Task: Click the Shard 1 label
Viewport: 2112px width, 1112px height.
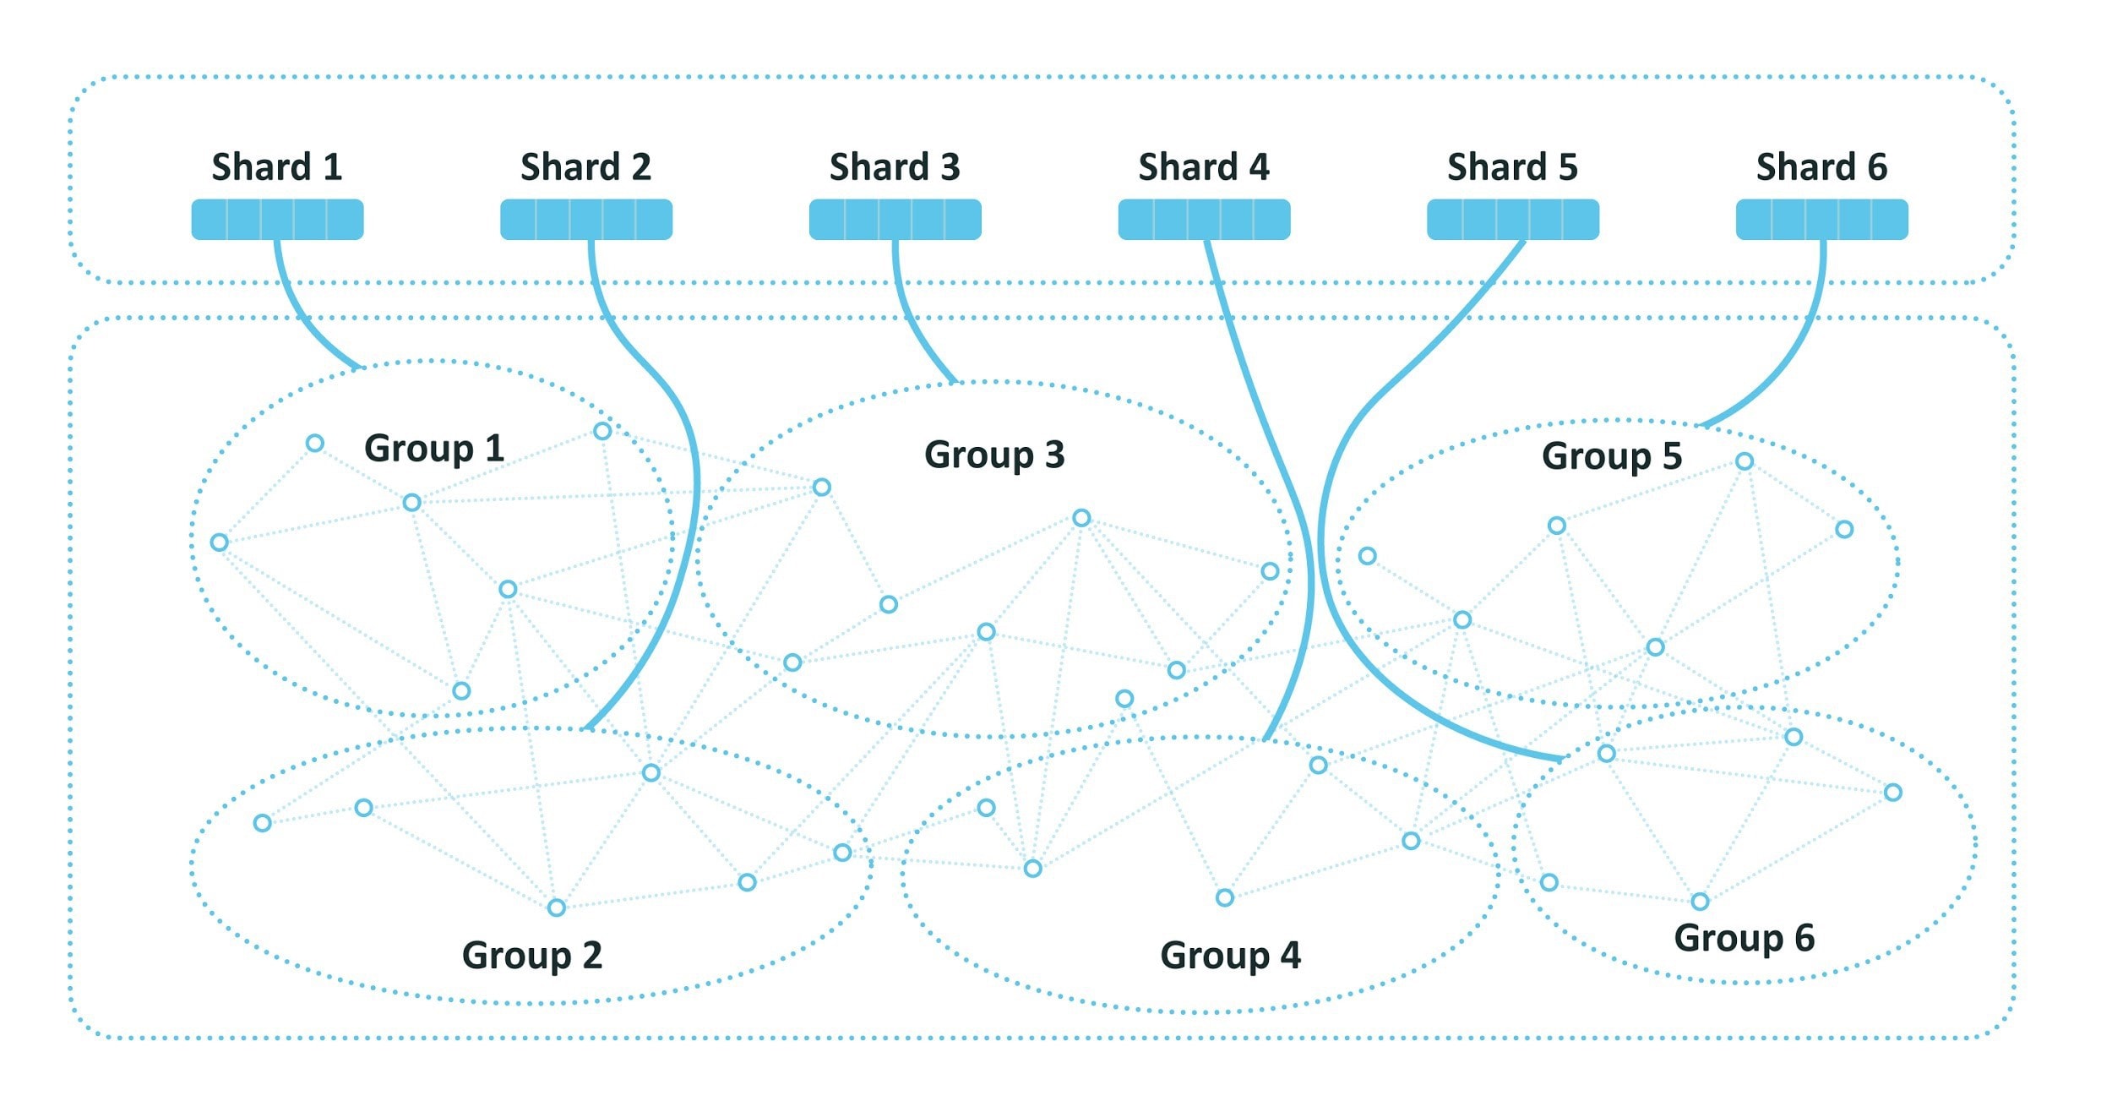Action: click(x=277, y=166)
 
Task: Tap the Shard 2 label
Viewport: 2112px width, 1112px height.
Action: click(x=586, y=166)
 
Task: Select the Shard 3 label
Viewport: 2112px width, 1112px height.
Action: click(x=895, y=166)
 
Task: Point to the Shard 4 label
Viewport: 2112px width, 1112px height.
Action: click(x=1204, y=166)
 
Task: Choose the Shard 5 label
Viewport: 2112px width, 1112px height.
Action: click(x=1513, y=166)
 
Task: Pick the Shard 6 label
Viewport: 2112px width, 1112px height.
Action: click(x=1822, y=166)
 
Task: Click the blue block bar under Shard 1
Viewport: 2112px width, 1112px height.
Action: click(x=278, y=220)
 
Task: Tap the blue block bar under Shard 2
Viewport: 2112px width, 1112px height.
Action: click(x=586, y=220)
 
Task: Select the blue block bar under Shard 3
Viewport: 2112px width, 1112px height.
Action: click(x=895, y=220)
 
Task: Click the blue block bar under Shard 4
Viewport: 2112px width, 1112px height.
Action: click(x=1205, y=220)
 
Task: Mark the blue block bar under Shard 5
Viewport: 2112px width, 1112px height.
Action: click(x=1513, y=220)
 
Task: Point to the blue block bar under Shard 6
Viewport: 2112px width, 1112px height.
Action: click(x=1822, y=220)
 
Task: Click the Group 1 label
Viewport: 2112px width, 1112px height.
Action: click(x=434, y=449)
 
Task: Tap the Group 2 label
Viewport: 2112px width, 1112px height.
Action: click(x=532, y=956)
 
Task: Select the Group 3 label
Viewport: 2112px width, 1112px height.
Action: click(x=994, y=455)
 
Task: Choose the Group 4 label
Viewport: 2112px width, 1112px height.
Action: click(x=1231, y=956)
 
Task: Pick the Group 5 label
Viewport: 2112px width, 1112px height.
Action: click(x=1612, y=456)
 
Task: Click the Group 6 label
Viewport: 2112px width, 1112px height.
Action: click(x=1745, y=938)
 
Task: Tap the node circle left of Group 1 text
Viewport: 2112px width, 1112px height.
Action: click(x=315, y=443)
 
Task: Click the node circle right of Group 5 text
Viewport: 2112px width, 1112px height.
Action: click(x=1745, y=461)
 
